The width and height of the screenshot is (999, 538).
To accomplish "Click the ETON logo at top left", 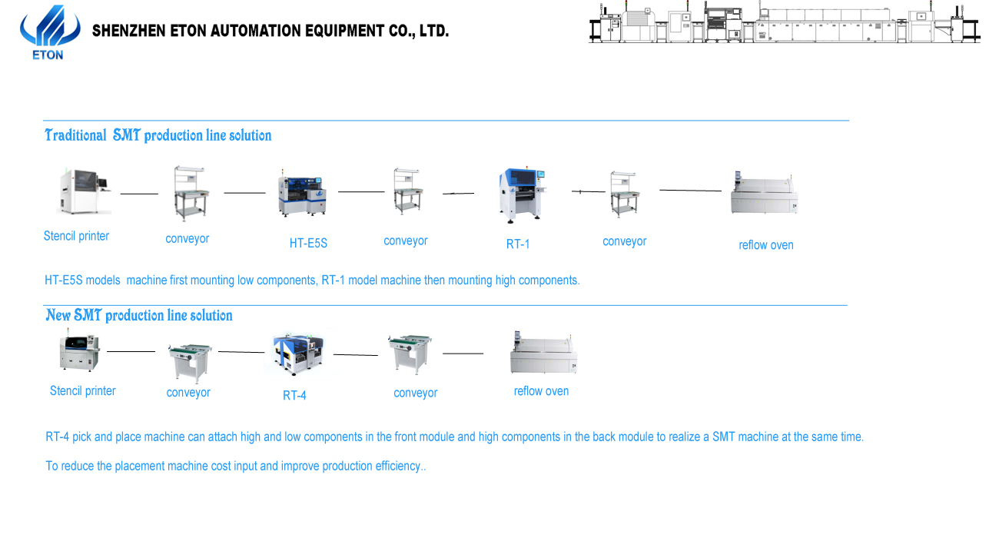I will click(x=49, y=32).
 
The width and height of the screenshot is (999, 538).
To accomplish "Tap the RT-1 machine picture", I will click(x=519, y=194).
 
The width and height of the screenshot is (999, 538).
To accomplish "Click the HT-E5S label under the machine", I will click(x=308, y=244).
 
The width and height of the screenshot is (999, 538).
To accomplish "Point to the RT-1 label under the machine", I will click(x=518, y=244).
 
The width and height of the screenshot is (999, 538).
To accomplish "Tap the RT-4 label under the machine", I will click(x=294, y=396).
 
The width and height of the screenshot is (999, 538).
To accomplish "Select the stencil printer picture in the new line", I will click(x=80, y=353).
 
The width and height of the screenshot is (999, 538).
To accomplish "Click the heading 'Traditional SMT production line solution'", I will click(x=158, y=136).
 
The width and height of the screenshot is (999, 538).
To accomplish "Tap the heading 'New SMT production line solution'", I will click(x=138, y=316).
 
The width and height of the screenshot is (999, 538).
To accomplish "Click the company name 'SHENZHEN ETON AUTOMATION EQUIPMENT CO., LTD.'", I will click(x=270, y=32).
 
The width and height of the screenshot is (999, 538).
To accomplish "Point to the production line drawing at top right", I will click(x=784, y=24).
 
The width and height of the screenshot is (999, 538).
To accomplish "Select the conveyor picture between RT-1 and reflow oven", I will click(x=623, y=193).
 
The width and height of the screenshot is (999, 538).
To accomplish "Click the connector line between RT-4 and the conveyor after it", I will click(x=356, y=355).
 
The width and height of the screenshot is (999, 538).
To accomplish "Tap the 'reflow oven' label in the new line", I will click(x=541, y=391).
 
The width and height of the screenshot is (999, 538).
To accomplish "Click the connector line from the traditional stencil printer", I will click(x=139, y=194).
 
